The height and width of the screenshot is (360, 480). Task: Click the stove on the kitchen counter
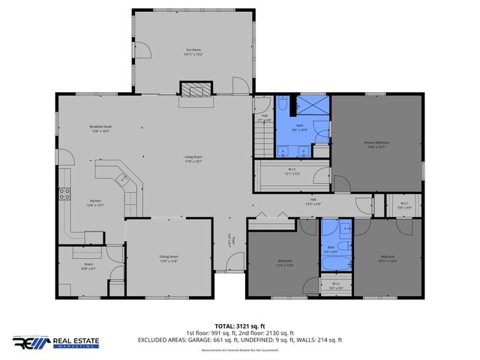[x=64, y=193]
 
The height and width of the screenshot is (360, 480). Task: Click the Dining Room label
[x=169, y=259]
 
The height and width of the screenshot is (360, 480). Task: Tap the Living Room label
[x=194, y=159]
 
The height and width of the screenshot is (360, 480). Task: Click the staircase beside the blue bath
[x=262, y=139]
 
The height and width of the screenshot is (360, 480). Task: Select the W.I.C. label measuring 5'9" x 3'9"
[x=403, y=205]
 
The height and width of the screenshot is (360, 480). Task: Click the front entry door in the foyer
[x=234, y=263]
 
